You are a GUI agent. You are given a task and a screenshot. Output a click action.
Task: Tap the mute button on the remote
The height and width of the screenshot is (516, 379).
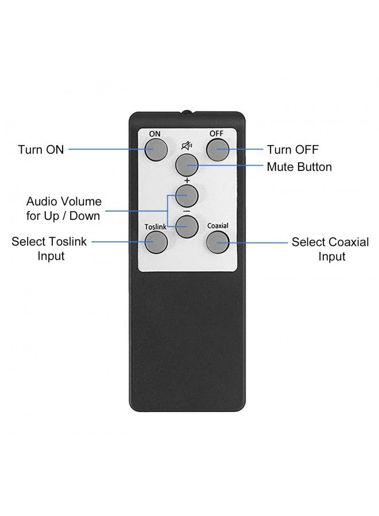187,165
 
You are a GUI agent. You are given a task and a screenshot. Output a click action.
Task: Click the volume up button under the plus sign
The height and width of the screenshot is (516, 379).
187,196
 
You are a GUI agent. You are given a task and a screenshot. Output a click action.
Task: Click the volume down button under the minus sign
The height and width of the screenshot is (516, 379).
187,226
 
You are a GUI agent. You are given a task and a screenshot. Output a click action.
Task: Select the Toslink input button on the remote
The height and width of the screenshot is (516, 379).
156,242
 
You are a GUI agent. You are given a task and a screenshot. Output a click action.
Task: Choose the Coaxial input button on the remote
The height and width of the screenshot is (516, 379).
218,242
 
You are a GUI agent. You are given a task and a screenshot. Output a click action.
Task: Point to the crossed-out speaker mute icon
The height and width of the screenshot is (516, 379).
187,146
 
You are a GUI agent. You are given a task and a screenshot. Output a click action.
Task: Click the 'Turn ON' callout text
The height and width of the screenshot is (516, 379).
41,150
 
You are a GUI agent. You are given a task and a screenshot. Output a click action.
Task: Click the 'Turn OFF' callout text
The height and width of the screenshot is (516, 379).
293,150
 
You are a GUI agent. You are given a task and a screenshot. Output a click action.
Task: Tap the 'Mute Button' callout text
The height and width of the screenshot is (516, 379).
299,167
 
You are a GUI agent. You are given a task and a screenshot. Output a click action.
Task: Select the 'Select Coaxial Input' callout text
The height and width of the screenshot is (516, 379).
331,249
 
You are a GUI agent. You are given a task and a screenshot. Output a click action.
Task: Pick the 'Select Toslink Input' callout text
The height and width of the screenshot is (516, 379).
49,248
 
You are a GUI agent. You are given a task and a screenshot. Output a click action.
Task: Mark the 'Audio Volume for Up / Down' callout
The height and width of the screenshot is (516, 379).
64,209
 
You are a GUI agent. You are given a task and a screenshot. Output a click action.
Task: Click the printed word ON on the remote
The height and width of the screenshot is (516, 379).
154,134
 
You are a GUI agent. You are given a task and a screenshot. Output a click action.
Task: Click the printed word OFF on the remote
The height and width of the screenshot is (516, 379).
216,133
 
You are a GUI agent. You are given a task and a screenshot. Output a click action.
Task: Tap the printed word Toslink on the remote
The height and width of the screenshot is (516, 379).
156,226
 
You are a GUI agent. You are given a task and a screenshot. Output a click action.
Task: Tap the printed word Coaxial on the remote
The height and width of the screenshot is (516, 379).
218,226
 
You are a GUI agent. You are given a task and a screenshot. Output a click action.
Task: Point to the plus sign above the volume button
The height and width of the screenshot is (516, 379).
187,181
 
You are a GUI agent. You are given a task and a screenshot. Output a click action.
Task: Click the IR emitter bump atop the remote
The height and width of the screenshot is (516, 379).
187,112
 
